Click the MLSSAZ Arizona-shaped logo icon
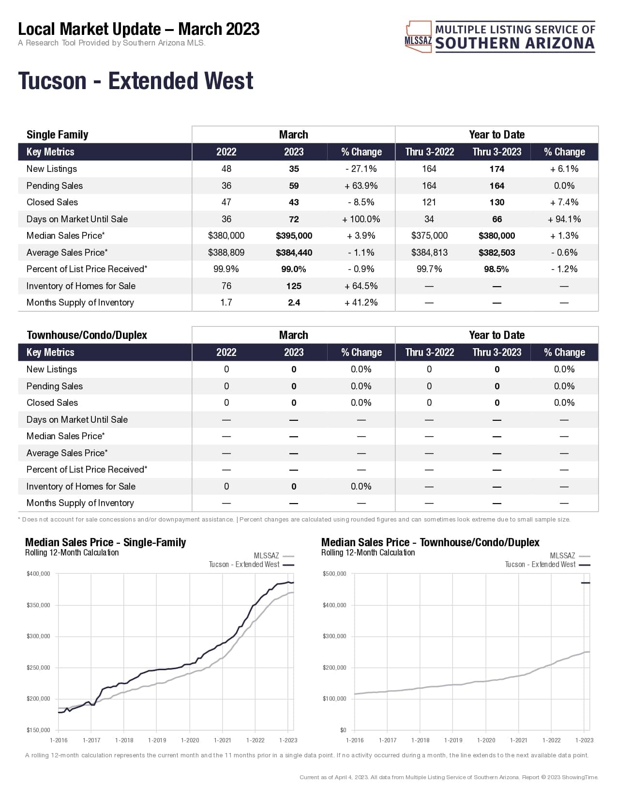tap(418, 36)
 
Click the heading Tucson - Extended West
tap(135, 81)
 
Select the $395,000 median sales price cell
tap(294, 236)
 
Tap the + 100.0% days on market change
tap(361, 219)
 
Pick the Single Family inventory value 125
tap(294, 286)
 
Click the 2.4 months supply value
tap(294, 303)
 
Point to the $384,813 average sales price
tap(429, 253)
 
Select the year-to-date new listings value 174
tap(497, 169)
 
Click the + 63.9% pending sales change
tap(361, 186)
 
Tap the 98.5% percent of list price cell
tap(497, 269)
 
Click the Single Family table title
tap(57, 135)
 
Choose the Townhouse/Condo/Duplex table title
tap(87, 335)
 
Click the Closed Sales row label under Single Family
tap(52, 202)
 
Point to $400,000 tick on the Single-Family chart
tap(39, 574)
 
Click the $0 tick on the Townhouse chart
tap(343, 730)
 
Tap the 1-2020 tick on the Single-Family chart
tap(190, 740)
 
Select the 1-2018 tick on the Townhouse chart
tap(420, 740)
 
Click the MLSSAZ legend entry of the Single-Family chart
tap(273, 556)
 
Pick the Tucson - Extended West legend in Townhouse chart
tap(547, 565)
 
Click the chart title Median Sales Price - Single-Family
tap(105, 542)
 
